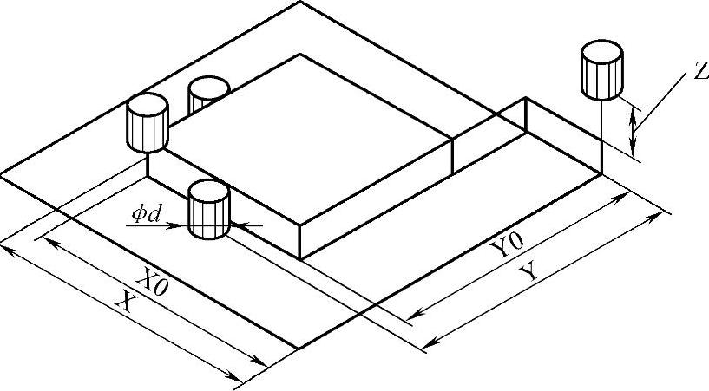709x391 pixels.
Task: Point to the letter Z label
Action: click(x=699, y=73)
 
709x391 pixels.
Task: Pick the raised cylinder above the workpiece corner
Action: click(x=601, y=69)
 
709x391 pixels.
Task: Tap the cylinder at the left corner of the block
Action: click(x=147, y=122)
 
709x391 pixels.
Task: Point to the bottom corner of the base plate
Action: click(x=299, y=348)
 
